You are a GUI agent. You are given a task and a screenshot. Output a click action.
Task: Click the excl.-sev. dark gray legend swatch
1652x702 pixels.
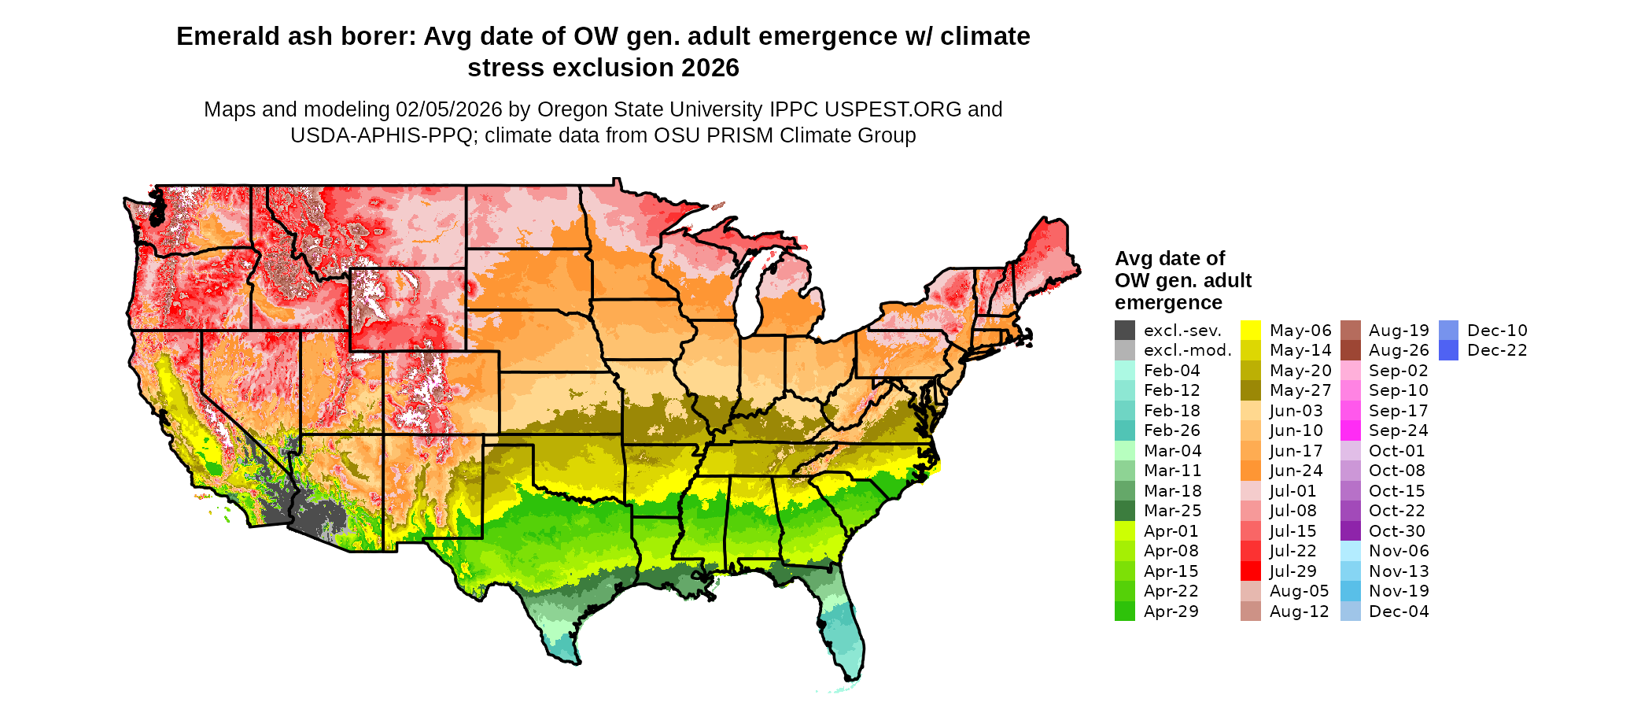click(1125, 331)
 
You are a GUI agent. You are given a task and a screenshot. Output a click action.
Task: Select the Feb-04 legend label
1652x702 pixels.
click(1172, 371)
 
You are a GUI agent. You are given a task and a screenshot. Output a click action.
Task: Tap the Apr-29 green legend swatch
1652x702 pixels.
click(1125, 611)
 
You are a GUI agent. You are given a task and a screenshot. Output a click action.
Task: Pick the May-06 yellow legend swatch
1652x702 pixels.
click(1251, 331)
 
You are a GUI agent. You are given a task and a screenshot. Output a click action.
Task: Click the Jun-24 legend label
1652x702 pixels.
click(1296, 471)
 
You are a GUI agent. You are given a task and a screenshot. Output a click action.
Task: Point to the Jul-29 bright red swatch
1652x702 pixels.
click(1251, 571)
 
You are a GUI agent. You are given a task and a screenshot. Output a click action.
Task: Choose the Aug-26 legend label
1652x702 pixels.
click(1399, 350)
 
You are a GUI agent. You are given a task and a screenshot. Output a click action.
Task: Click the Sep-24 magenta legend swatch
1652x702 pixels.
click(1351, 430)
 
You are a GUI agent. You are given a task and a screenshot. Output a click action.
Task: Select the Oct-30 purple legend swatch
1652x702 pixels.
click(1351, 531)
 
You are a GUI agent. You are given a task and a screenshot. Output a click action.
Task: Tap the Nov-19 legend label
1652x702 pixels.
click(1399, 591)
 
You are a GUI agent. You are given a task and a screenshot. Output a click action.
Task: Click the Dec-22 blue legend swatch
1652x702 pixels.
click(1448, 350)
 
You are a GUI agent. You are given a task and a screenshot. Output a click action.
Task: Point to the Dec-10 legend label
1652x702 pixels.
click(1497, 331)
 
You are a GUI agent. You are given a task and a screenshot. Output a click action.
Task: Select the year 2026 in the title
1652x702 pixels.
click(710, 68)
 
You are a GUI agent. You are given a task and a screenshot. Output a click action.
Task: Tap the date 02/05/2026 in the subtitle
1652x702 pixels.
click(456, 109)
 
